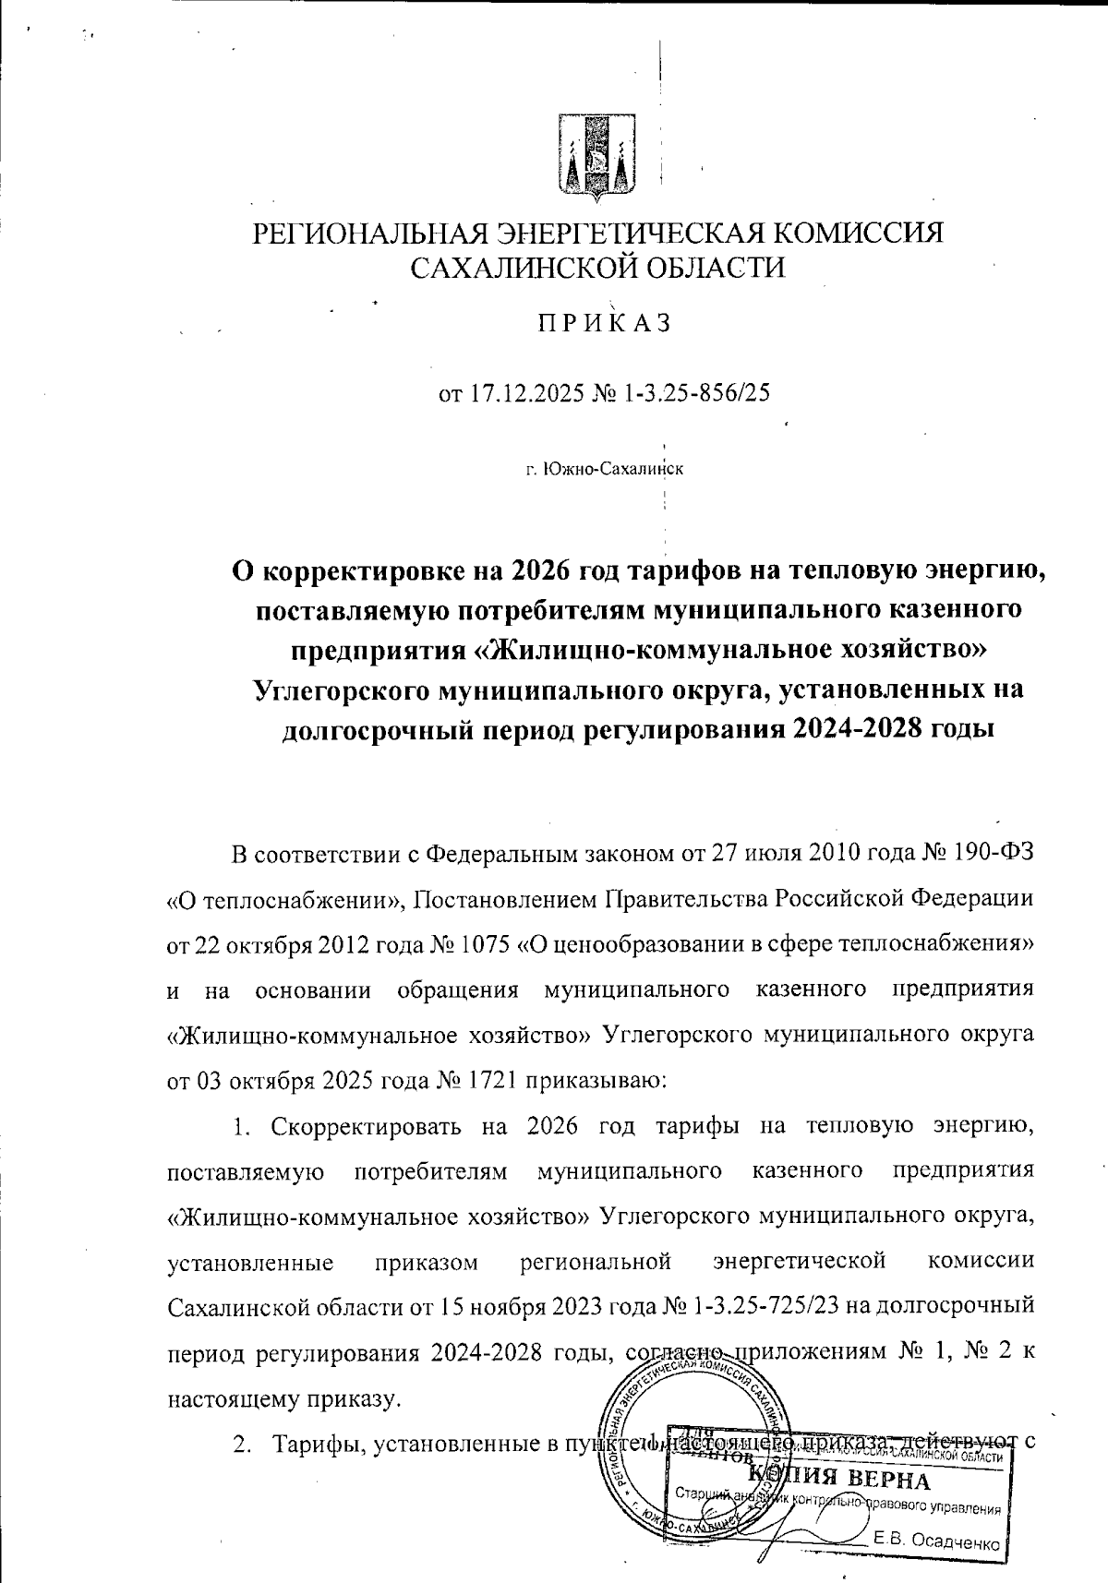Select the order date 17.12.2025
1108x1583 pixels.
[522, 394]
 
